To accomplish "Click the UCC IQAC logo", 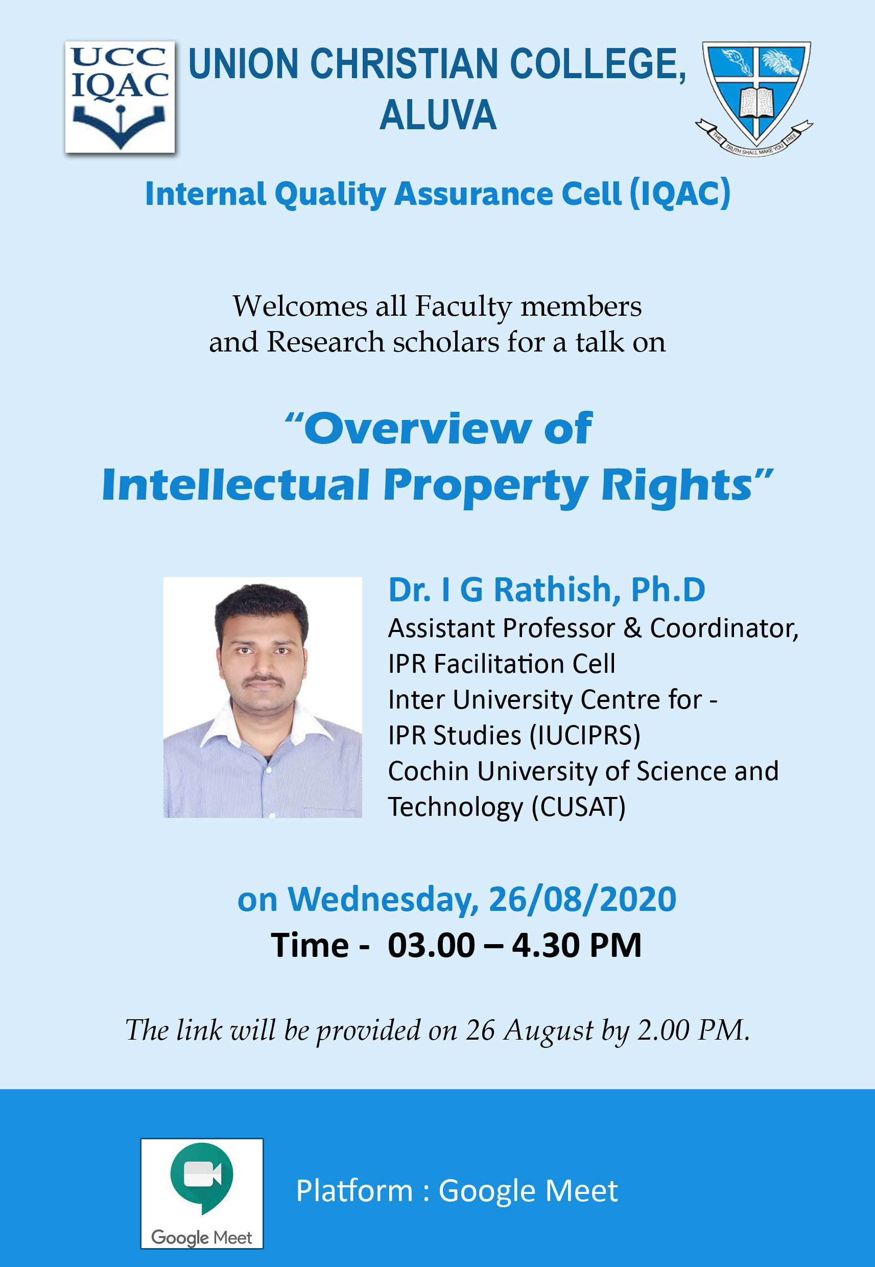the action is click(120, 97).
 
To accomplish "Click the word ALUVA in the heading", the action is click(438, 115).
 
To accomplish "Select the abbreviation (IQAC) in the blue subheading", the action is click(680, 194).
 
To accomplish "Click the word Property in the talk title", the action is click(486, 486).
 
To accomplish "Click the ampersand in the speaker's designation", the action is click(632, 628).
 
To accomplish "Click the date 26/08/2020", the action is click(582, 899).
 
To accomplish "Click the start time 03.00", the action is click(432, 945).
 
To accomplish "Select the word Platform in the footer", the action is click(354, 1191).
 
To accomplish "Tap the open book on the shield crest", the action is click(756, 102).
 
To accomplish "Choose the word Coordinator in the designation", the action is click(724, 629).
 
